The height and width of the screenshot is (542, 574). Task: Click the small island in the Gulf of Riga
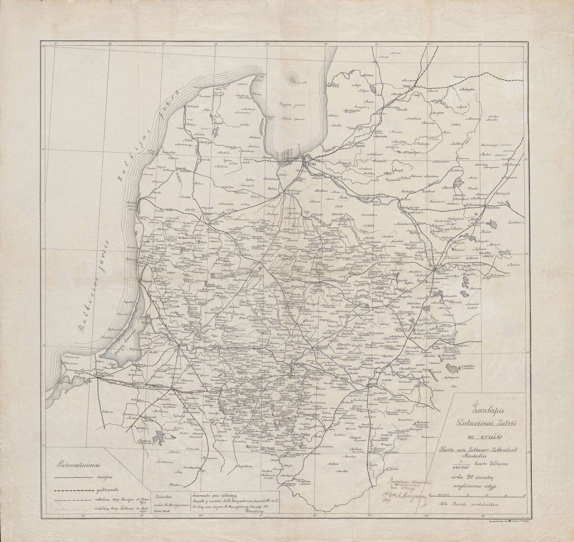[291, 78]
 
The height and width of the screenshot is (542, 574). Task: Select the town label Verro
[459, 77]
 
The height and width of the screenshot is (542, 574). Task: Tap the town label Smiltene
[412, 118]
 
